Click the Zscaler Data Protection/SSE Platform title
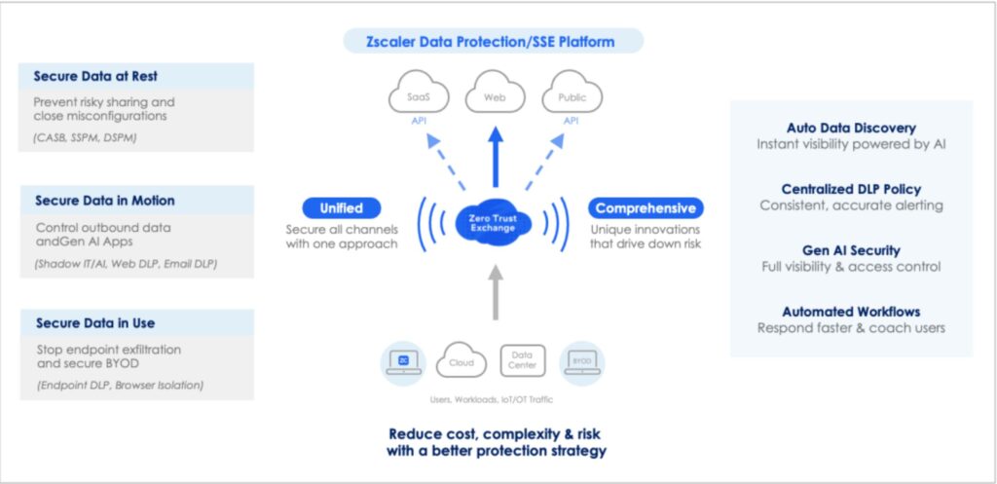point(494,42)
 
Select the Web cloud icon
point(495,97)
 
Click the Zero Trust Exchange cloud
point(495,219)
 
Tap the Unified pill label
point(341,207)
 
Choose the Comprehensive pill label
point(646,207)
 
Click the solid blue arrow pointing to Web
point(495,156)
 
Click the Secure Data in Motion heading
point(105,201)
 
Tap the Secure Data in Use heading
point(95,322)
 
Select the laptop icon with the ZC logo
point(403,361)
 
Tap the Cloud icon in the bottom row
point(462,362)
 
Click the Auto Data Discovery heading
point(851,129)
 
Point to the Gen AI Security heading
point(851,250)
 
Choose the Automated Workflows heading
point(851,312)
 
